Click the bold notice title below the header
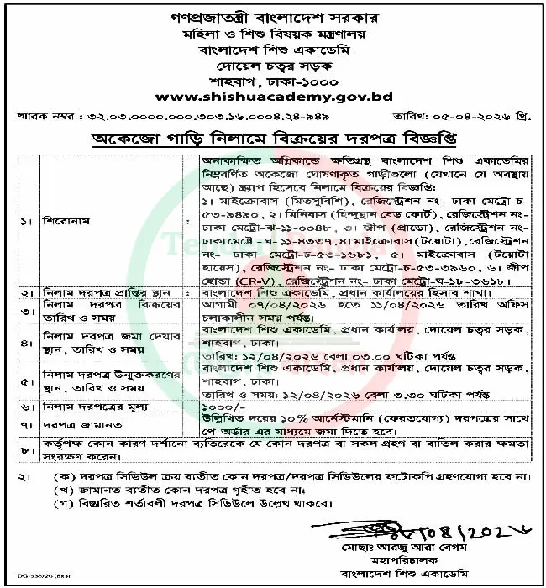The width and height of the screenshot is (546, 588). (283, 137)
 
